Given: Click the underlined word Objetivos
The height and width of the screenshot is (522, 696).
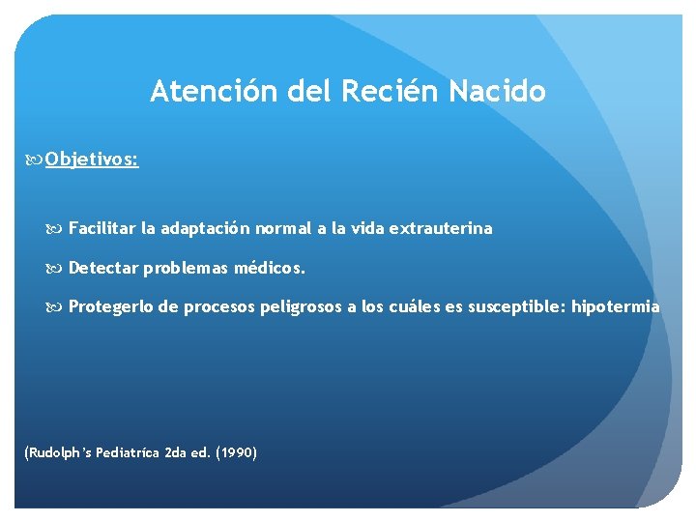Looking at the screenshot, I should pyautogui.click(x=91, y=159).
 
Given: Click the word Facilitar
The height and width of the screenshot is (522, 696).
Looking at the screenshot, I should pyautogui.click(x=102, y=229).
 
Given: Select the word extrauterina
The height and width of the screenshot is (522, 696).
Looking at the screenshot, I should pyautogui.click(x=442, y=229).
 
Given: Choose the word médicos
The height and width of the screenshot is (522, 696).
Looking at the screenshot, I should pyautogui.click(x=274, y=267).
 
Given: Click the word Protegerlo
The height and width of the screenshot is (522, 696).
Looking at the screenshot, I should pyautogui.click(x=110, y=306).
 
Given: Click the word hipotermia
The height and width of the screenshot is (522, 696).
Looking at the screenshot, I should pyautogui.click(x=616, y=306).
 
